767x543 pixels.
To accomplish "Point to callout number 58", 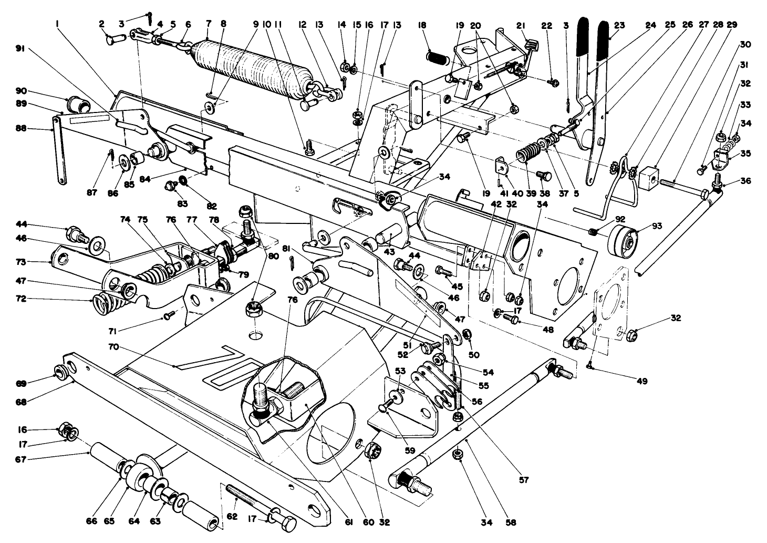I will (x=511, y=522).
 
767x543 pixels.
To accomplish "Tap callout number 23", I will (x=619, y=24).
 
